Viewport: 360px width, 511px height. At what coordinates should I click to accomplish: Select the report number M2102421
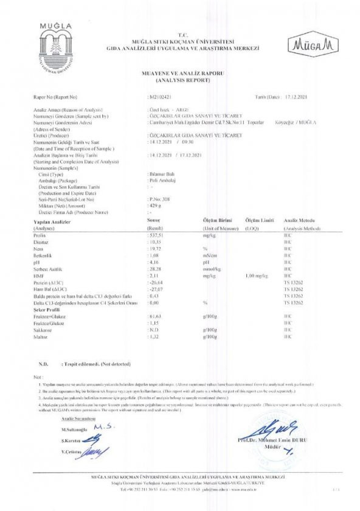click(161, 97)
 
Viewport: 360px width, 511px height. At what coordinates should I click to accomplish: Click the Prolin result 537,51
click(159, 234)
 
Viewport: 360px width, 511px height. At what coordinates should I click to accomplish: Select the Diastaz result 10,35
click(157, 242)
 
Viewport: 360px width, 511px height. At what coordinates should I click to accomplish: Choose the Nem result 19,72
click(157, 249)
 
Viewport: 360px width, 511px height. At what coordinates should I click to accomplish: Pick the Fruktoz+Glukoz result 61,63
click(158, 315)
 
